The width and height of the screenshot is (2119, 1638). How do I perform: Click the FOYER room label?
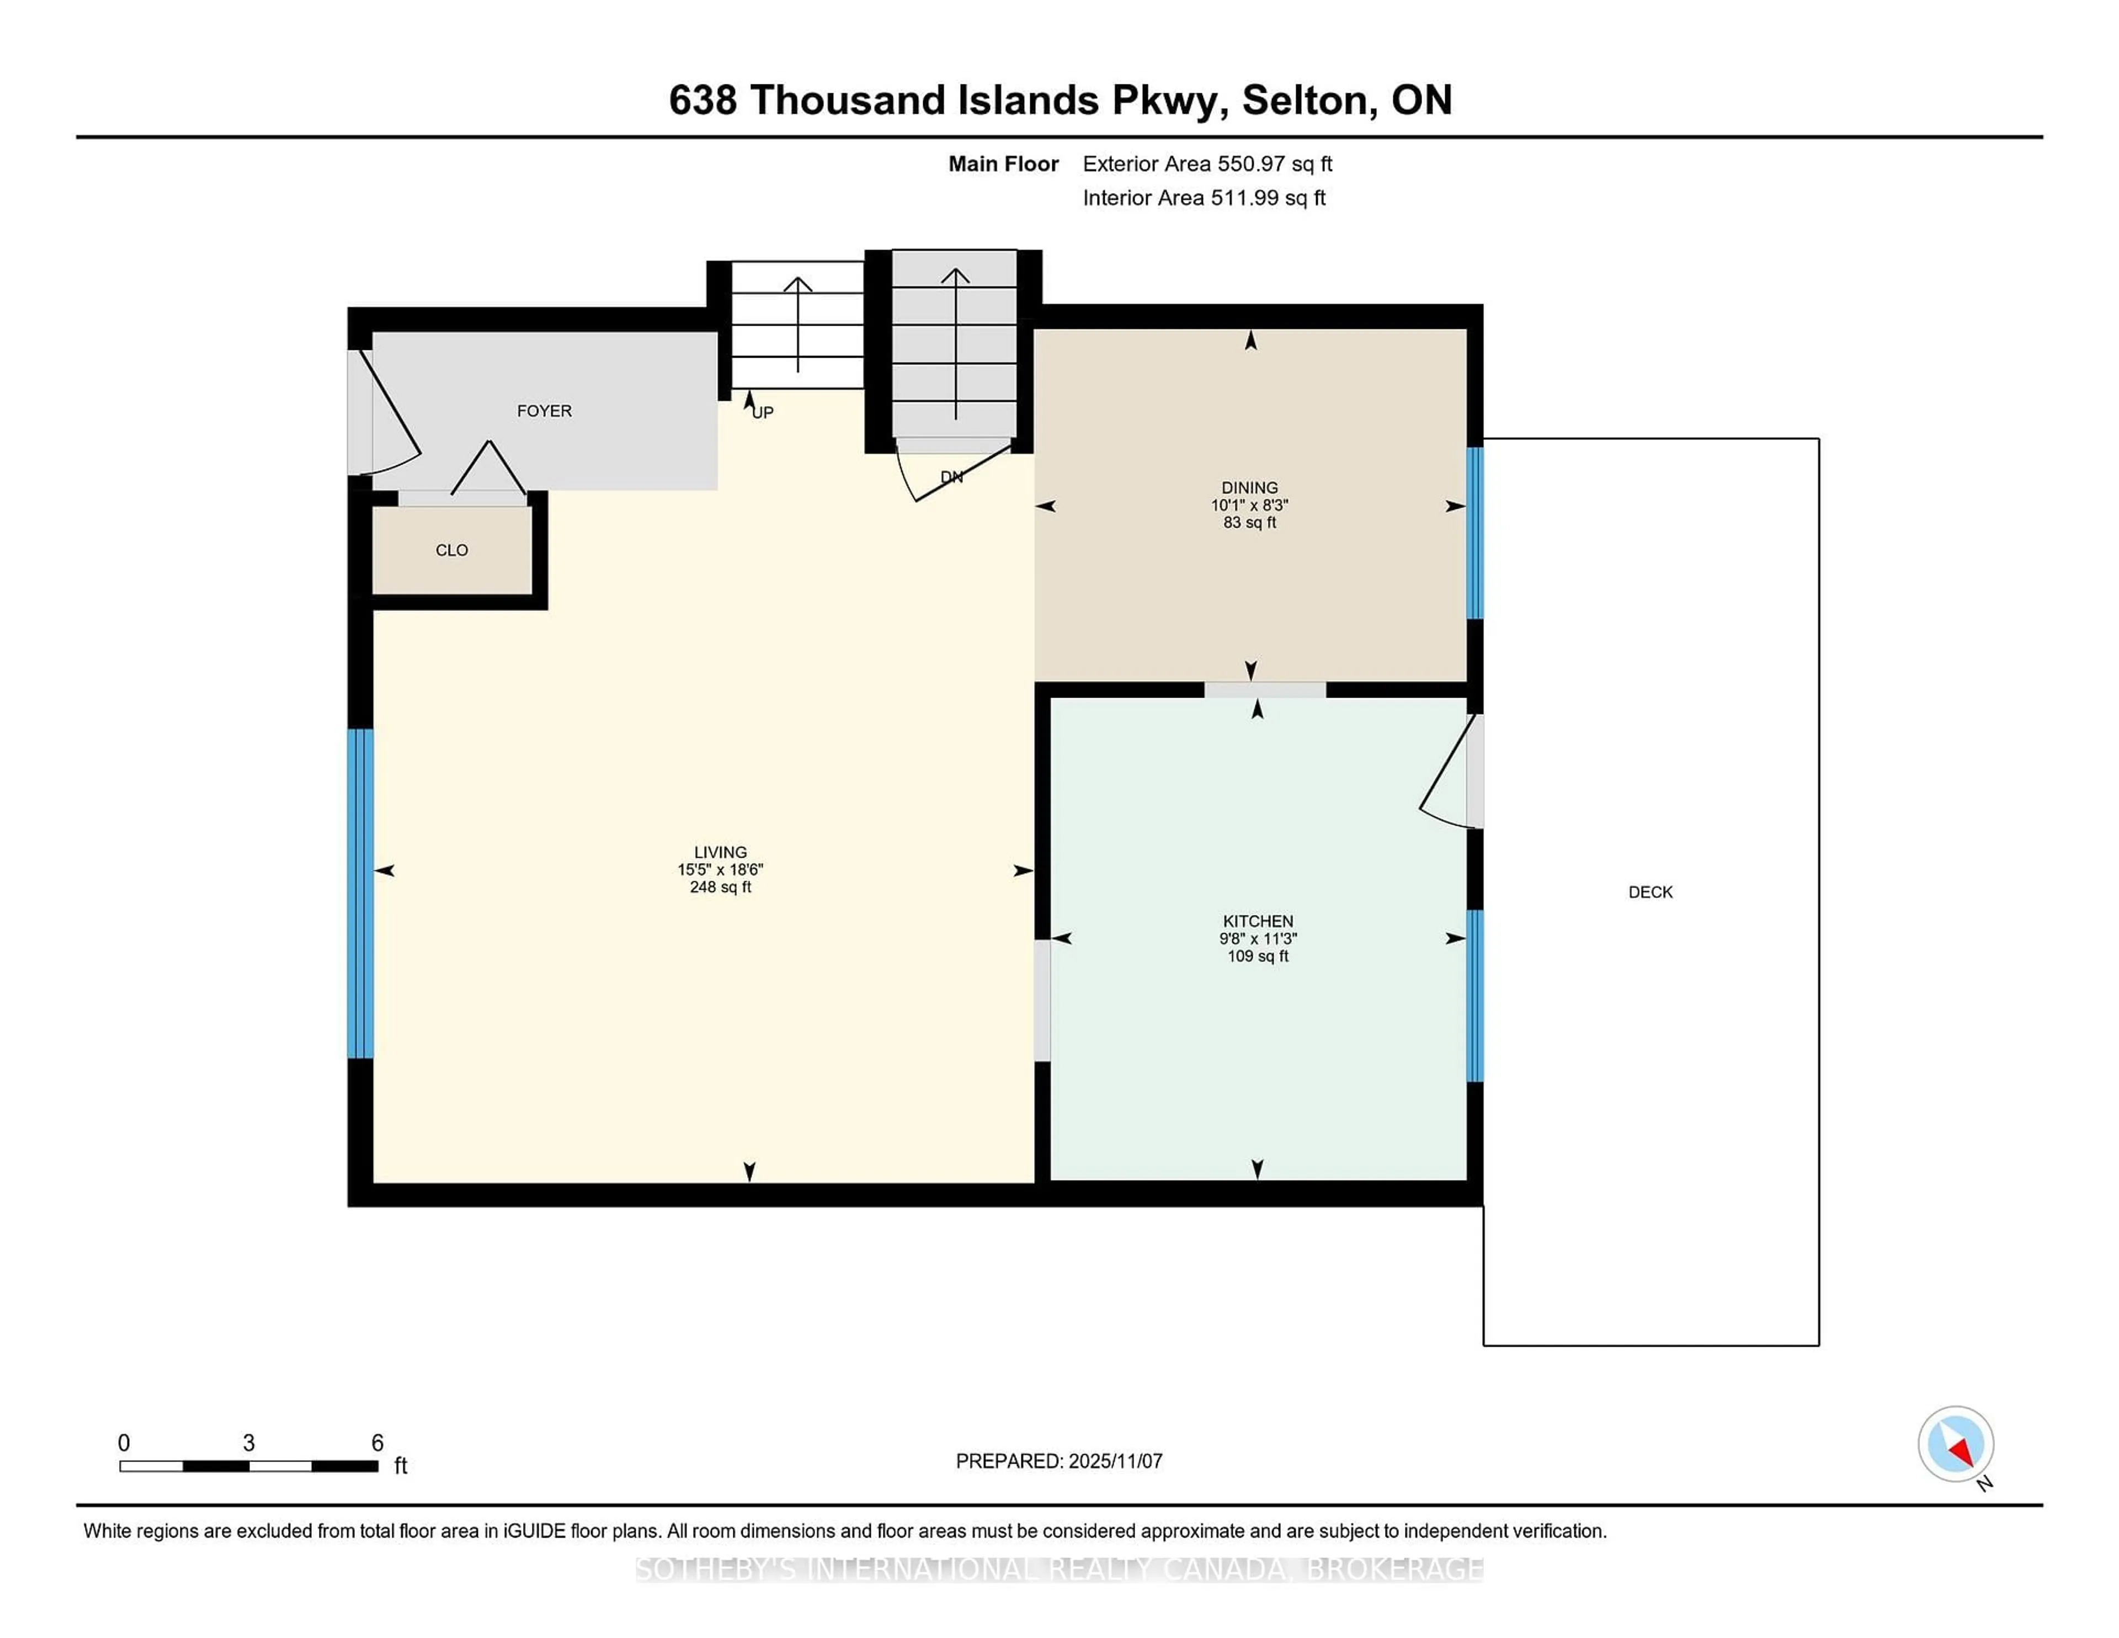[544, 411]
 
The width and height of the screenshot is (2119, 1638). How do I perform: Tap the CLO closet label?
[451, 550]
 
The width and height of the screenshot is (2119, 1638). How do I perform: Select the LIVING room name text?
[720, 852]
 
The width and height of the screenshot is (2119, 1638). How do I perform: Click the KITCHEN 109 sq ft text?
[1258, 956]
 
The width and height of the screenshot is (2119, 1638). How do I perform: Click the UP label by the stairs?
[763, 412]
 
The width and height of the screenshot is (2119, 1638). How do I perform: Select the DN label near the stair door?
[952, 476]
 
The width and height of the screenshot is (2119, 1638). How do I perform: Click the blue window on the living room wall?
[360, 893]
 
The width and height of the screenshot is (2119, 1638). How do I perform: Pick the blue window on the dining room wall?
[1474, 533]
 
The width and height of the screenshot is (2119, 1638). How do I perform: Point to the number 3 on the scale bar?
[248, 1443]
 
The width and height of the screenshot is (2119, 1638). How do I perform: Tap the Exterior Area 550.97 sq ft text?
[1207, 164]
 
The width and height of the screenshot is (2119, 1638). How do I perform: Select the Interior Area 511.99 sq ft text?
[1203, 198]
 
